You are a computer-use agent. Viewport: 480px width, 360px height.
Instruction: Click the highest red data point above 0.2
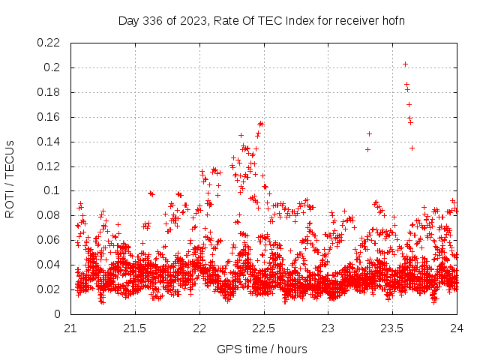coord(405,64)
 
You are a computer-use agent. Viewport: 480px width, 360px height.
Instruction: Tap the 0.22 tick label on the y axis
coord(49,43)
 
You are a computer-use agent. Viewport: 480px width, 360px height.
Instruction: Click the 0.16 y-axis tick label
coord(49,117)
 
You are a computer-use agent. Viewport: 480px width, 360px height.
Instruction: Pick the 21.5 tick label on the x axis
coord(135,328)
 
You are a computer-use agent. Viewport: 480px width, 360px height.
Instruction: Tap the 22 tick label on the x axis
coord(199,328)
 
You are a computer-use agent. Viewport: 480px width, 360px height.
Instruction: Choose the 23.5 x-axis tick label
coord(392,328)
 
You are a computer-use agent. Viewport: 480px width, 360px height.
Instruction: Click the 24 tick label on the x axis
coord(457,328)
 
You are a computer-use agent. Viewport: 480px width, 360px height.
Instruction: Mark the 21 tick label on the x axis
coord(70,328)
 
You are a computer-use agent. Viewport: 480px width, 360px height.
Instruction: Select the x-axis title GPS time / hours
coord(262,349)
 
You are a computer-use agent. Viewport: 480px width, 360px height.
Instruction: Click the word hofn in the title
coord(392,20)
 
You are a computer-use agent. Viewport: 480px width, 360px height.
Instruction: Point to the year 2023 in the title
coord(191,20)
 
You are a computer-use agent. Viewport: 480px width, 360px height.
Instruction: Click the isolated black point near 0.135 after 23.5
coord(412,148)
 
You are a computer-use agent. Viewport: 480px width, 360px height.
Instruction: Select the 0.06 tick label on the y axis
coord(49,240)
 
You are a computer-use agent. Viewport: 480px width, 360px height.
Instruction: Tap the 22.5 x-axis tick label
coord(263,328)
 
